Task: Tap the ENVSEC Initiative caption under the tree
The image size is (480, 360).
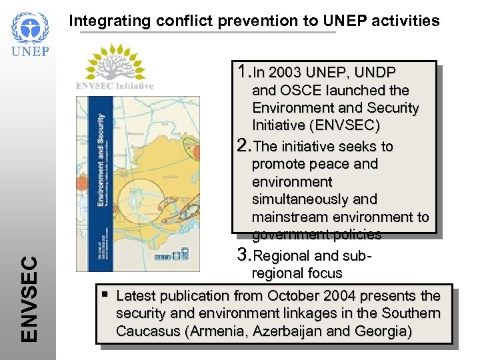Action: tap(115, 86)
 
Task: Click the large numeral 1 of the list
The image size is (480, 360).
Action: tap(242, 71)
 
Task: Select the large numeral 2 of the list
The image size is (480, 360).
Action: tap(243, 145)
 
